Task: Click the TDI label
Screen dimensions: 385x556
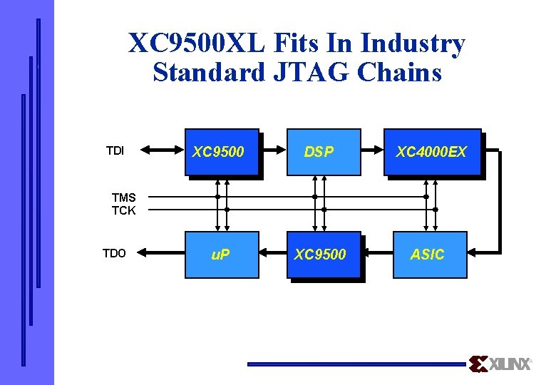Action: tap(115, 150)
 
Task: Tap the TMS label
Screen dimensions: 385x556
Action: tap(123, 197)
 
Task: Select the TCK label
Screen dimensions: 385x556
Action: tap(123, 210)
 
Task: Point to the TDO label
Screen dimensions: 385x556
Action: tap(114, 253)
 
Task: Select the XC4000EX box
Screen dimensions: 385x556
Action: tap(431, 152)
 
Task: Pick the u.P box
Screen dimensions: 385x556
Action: tap(221, 255)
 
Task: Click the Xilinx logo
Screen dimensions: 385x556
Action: tap(501, 364)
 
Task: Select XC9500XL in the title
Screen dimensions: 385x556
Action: tap(197, 44)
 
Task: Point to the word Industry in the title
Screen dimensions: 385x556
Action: tap(413, 44)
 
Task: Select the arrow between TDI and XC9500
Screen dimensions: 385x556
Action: tap(162, 150)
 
